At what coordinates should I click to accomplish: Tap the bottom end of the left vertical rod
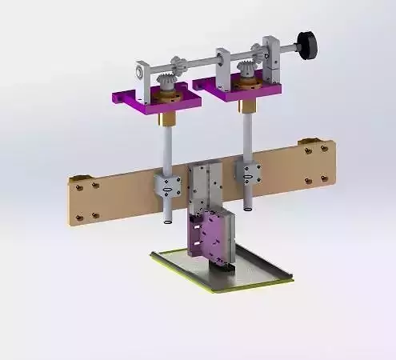coord(166,219)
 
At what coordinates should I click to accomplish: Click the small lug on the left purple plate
coord(121,98)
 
